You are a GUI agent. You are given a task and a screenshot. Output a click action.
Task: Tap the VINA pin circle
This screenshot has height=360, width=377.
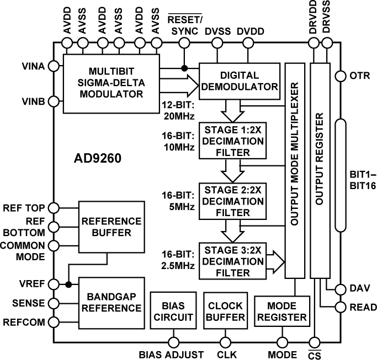click(x=54, y=66)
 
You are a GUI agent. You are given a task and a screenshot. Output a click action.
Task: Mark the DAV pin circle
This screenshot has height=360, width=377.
click(x=339, y=288)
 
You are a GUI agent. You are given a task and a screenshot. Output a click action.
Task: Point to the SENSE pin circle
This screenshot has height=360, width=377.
click(x=54, y=303)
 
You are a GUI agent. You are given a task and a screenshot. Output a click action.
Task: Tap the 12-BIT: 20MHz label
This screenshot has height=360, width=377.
click(x=178, y=109)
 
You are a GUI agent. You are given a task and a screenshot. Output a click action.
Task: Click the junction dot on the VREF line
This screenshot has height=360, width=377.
click(x=68, y=284)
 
